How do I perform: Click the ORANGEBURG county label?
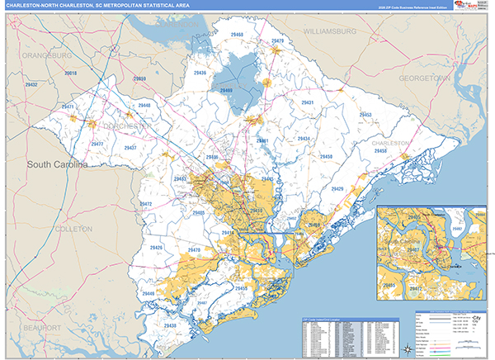click(x=49, y=54)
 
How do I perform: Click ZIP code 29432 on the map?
click(x=31, y=85)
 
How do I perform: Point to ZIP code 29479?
click(x=277, y=40)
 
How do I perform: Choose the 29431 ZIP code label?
click(x=307, y=102)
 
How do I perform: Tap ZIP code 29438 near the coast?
click(x=170, y=326)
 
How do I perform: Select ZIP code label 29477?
click(x=97, y=144)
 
